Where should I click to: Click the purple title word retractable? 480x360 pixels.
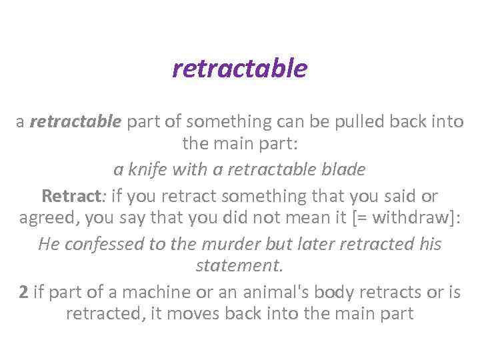tap(240, 68)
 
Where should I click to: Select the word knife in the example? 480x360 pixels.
tap(145, 170)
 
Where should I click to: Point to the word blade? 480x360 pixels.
tap(343, 170)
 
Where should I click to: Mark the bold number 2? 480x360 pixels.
tap(23, 292)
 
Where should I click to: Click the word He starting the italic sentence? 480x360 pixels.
tap(49, 244)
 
